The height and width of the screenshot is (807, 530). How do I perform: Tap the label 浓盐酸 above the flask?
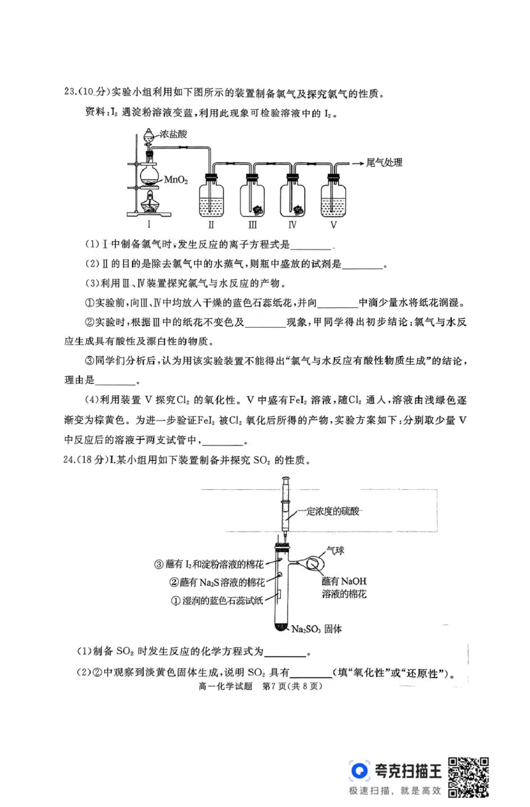(x=174, y=133)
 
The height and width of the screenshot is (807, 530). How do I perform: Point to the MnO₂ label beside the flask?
(x=177, y=179)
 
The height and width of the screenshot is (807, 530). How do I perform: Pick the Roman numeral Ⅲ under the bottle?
(x=252, y=224)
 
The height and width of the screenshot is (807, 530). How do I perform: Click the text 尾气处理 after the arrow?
(x=384, y=162)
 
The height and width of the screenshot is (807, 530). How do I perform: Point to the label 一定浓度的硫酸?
(x=331, y=511)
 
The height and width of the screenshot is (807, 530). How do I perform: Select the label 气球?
(x=335, y=549)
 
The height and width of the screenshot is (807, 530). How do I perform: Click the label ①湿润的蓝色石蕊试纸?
(x=217, y=600)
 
